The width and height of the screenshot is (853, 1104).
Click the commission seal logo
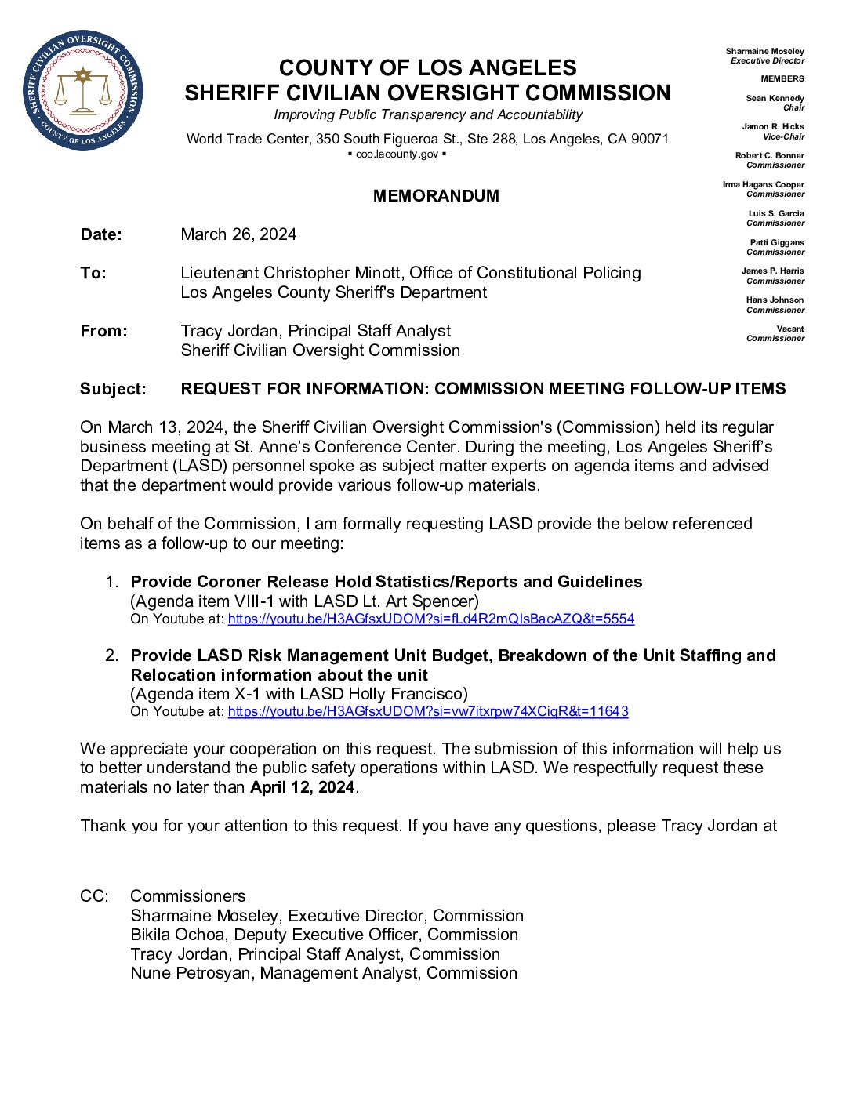[83, 90]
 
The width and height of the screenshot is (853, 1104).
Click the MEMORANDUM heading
[436, 196]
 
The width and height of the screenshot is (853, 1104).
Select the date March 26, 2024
[238, 234]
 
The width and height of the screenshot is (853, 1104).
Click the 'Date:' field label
[101, 234]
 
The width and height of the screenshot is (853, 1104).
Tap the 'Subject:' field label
[113, 389]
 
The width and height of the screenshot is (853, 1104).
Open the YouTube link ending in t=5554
[430, 619]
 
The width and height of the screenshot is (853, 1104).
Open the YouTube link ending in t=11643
[428, 711]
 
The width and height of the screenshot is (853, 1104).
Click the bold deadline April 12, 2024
[303, 787]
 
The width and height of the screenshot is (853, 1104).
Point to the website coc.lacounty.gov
[397, 154]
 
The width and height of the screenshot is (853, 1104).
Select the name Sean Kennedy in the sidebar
[775, 98]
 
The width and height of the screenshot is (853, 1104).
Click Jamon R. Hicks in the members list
[772, 126]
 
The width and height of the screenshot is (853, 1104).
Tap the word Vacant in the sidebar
[790, 329]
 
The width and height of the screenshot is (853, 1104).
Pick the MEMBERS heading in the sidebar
[782, 78]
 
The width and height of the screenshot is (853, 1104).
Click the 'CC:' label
[94, 896]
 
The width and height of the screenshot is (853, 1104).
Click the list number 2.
[111, 655]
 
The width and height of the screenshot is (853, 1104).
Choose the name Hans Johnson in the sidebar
[775, 300]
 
